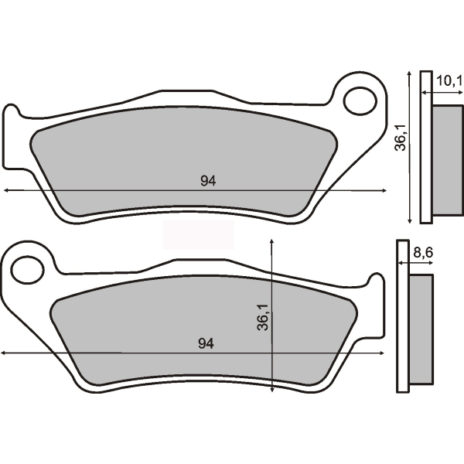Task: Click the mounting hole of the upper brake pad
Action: (359, 101)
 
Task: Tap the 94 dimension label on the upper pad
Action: (207, 181)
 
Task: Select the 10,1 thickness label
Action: (448, 80)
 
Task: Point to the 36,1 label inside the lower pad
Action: (262, 317)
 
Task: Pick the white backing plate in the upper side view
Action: (425, 147)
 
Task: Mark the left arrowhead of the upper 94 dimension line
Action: (6, 189)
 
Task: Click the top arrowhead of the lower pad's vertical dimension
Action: (272, 241)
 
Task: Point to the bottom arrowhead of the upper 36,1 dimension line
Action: (408, 219)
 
